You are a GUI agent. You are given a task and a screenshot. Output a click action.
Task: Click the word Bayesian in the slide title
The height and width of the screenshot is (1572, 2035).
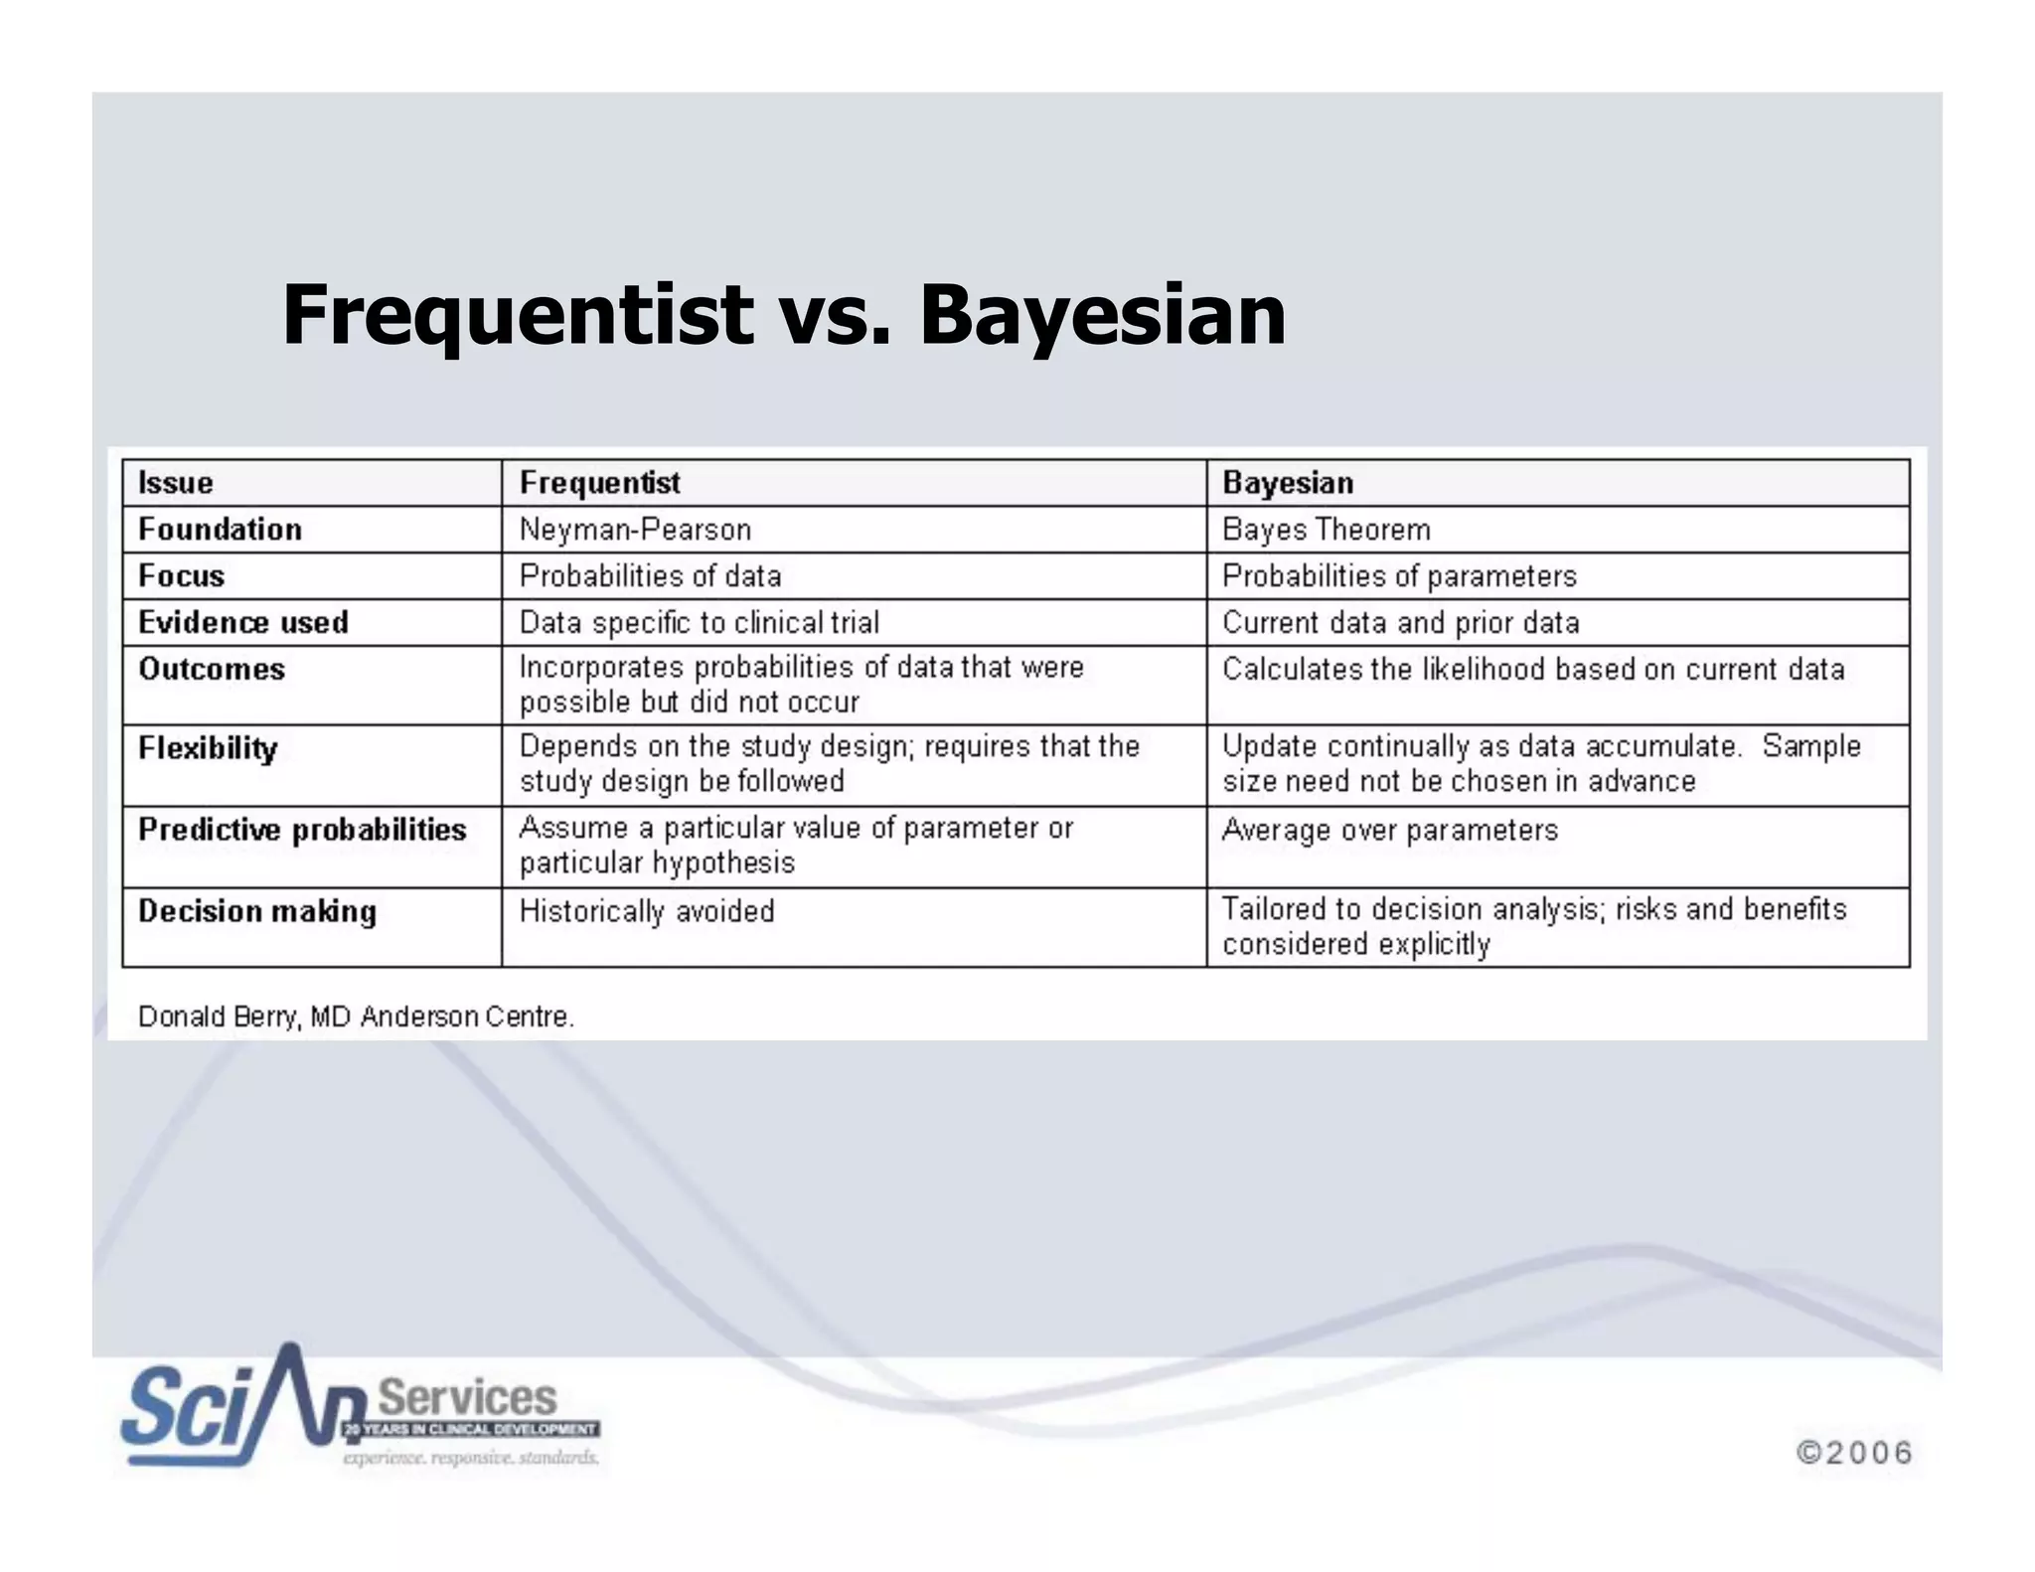(x=1103, y=316)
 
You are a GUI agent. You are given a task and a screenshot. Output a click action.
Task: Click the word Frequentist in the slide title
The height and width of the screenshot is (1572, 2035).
(x=517, y=316)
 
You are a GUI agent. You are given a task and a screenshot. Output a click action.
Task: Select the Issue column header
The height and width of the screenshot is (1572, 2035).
(x=176, y=483)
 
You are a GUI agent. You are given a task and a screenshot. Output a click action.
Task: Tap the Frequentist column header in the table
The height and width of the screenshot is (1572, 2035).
(x=599, y=483)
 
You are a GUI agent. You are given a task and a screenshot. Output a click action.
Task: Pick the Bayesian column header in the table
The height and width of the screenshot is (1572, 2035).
(x=1288, y=483)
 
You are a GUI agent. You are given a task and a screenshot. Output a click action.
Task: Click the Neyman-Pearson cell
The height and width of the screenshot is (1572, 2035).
(x=635, y=530)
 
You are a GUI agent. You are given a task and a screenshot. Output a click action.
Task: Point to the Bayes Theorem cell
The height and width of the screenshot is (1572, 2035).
(x=1326, y=530)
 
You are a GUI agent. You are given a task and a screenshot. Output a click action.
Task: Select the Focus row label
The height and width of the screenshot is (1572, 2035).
(x=181, y=576)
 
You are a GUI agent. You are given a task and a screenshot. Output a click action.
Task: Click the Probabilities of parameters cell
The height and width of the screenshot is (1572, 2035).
(x=1399, y=576)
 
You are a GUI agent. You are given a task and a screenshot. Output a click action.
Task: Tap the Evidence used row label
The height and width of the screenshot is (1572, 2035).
(x=243, y=623)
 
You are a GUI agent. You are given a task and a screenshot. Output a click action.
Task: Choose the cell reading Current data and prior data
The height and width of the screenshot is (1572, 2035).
(x=1400, y=623)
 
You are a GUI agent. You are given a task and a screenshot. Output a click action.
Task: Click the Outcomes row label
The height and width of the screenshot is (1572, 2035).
(x=212, y=670)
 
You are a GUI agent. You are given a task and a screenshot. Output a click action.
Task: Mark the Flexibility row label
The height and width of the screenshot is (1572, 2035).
(x=208, y=748)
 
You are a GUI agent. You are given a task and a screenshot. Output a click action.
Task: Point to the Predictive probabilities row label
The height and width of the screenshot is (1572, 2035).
(x=302, y=830)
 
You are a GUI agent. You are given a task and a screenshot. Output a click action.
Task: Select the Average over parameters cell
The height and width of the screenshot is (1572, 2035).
(x=1389, y=830)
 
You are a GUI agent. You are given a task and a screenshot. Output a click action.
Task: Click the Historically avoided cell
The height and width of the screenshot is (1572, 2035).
(x=647, y=911)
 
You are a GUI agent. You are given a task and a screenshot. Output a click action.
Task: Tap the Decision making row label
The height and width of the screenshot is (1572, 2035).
(x=257, y=911)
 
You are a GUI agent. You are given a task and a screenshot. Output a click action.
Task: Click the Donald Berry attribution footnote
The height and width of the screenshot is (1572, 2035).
(x=356, y=1018)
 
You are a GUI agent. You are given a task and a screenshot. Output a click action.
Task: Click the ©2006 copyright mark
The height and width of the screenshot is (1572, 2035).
(x=1854, y=1453)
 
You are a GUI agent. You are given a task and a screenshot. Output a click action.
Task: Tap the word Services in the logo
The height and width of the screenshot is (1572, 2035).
(x=468, y=1397)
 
